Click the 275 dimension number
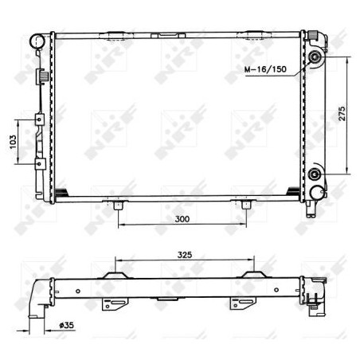click(342, 114)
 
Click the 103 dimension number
click(13, 142)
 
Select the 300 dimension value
click(182, 219)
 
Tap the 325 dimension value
click(185, 255)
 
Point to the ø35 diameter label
click(67, 325)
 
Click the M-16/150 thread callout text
click(265, 69)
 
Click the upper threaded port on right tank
click(315, 57)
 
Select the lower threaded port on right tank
click(315, 174)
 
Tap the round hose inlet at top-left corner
click(37, 41)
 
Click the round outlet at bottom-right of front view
click(317, 193)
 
